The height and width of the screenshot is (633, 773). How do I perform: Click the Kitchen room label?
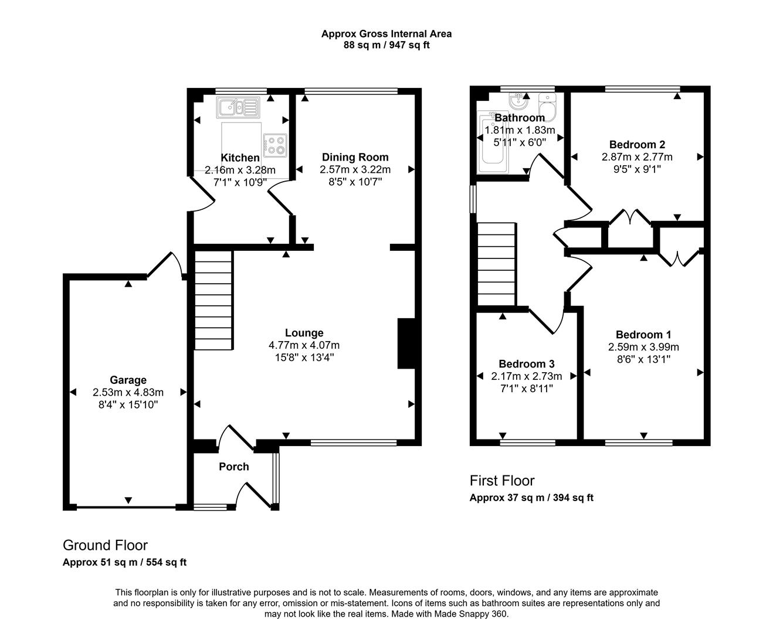(240, 158)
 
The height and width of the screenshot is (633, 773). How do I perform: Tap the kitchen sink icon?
(238, 108)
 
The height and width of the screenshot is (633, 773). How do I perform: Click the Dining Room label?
(355, 157)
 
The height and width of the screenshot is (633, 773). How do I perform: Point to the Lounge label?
(304, 333)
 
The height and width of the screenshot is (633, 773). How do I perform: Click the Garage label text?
(128, 380)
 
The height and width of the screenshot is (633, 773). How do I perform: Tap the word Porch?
(233, 467)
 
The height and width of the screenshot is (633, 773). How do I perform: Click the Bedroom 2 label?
(637, 145)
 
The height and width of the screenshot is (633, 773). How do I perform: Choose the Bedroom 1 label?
(643, 335)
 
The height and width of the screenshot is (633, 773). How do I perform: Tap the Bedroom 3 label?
(526, 364)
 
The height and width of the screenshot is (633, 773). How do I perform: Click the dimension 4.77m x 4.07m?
(304, 345)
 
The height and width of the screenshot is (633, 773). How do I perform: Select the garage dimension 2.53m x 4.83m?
(128, 392)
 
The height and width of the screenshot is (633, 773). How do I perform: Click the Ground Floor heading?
(105, 546)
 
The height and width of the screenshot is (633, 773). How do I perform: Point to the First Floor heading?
(502, 481)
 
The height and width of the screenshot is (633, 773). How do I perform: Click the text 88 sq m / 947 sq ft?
(386, 45)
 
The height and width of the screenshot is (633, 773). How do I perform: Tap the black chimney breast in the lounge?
(406, 343)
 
